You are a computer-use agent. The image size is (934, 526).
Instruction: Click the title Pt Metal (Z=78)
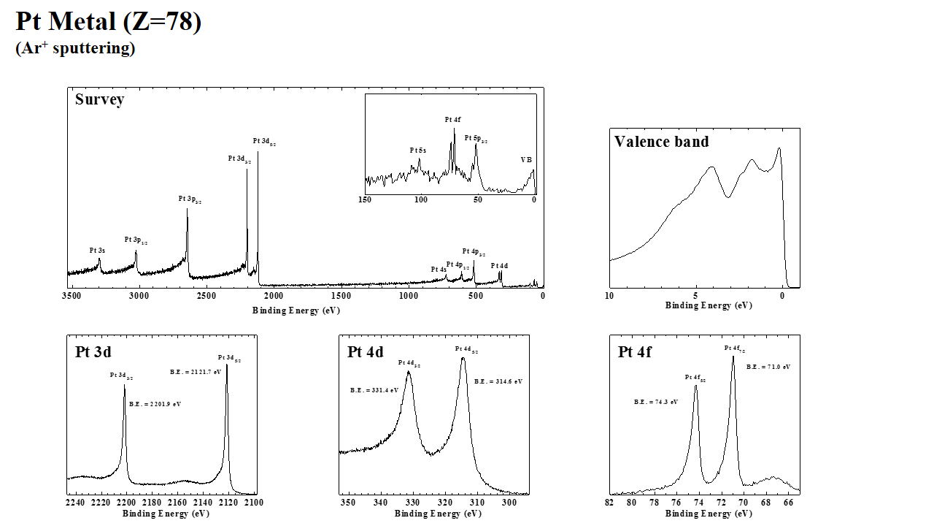click(108, 22)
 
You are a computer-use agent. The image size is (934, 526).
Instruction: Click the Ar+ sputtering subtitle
click(75, 48)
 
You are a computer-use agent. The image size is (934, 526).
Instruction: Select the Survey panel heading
click(99, 99)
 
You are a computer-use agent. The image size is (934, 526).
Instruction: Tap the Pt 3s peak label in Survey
click(97, 251)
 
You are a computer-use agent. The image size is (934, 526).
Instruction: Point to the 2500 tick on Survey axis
click(206, 295)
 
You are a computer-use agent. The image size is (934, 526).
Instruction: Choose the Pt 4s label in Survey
click(438, 270)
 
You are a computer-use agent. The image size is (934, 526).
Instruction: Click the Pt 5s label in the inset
click(417, 150)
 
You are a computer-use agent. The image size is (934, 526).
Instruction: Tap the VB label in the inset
click(526, 159)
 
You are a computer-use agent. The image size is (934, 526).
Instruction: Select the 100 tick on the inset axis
click(421, 199)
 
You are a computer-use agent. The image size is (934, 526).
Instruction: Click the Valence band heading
click(661, 142)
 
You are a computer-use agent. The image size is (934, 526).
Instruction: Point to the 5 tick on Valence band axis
click(696, 296)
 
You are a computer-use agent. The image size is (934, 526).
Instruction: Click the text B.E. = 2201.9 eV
click(155, 404)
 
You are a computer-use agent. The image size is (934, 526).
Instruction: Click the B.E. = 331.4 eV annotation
click(374, 390)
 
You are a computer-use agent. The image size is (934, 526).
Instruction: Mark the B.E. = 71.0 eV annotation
click(768, 367)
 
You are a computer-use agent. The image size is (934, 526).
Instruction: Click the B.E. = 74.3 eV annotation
click(656, 402)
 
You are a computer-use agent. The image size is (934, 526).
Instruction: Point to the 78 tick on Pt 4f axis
click(654, 503)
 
